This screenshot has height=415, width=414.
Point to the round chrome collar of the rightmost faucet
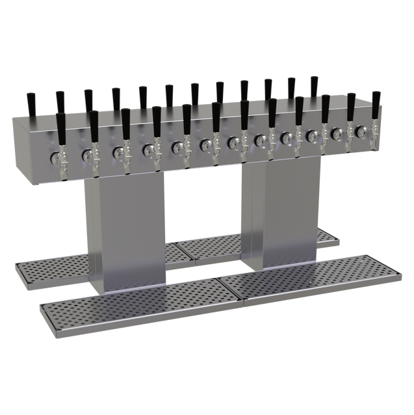tap(361, 131)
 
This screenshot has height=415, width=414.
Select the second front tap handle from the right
tap(351, 105)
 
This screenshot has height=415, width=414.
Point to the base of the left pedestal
tap(123, 286)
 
